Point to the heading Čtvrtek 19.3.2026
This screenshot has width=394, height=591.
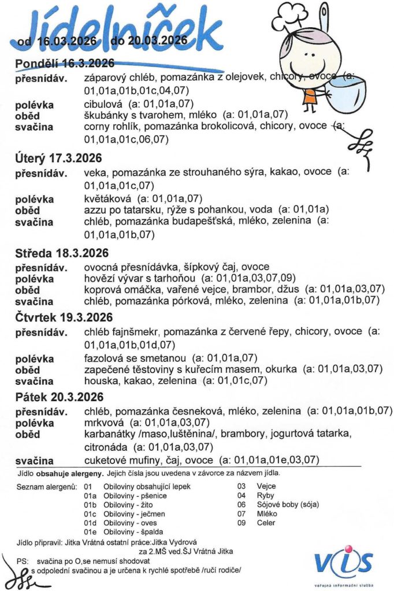[64, 317]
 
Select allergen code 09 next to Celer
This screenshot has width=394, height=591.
[242, 523]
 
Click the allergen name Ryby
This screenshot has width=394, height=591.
[266, 495]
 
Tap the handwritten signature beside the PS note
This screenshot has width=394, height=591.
[17, 574]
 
